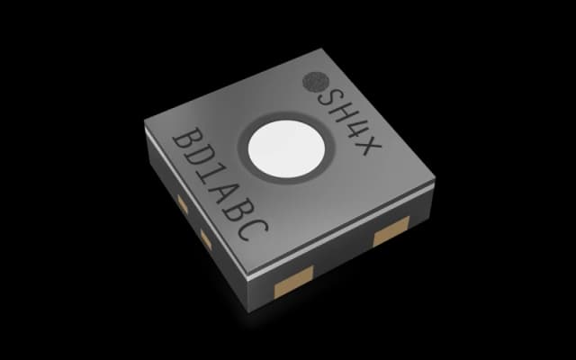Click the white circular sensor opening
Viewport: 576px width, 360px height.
click(286, 148)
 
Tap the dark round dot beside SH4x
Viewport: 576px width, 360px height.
click(316, 81)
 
